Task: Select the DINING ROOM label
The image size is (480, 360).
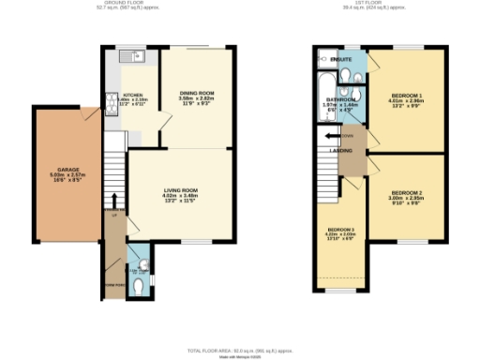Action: pos(197,93)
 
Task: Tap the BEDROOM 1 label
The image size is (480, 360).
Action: pos(407,97)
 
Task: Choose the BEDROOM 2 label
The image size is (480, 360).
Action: pos(407,193)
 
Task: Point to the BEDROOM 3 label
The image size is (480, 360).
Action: pos(340,230)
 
